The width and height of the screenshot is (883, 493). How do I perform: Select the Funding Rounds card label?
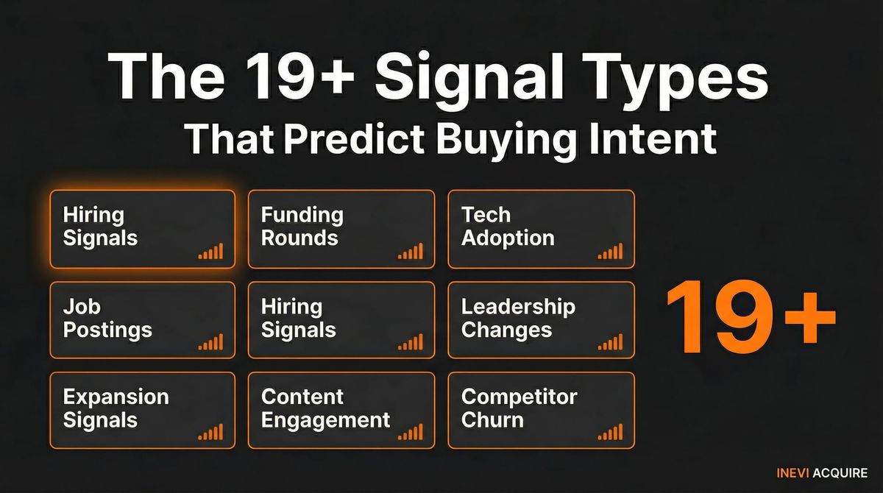pyautogui.click(x=302, y=227)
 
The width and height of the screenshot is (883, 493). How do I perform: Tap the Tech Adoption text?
pyautogui.click(x=508, y=227)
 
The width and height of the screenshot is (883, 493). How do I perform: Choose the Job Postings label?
pyautogui.click(x=107, y=318)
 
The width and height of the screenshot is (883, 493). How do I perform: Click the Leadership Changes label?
pyautogui.click(x=518, y=318)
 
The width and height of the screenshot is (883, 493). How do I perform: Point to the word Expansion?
pyautogui.click(x=116, y=397)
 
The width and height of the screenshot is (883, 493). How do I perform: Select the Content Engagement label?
pyautogui.click(x=325, y=408)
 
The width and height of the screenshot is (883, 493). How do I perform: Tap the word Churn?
pyautogui.click(x=492, y=420)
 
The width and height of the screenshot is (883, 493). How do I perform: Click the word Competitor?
pyautogui.click(x=519, y=397)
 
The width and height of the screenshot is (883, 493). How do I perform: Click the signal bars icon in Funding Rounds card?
pyautogui.click(x=411, y=252)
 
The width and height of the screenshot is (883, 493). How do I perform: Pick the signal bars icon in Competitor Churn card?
pyautogui.click(x=610, y=433)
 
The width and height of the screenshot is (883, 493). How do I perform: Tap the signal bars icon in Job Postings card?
pyautogui.click(x=210, y=342)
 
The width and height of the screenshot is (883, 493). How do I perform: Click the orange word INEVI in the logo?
pyautogui.click(x=791, y=473)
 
